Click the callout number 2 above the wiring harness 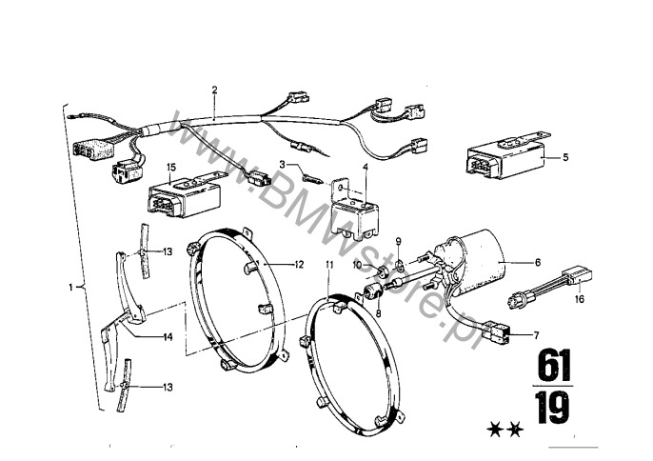[x=215, y=90]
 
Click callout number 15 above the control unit [x=171, y=167]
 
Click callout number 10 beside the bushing [x=357, y=264]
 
